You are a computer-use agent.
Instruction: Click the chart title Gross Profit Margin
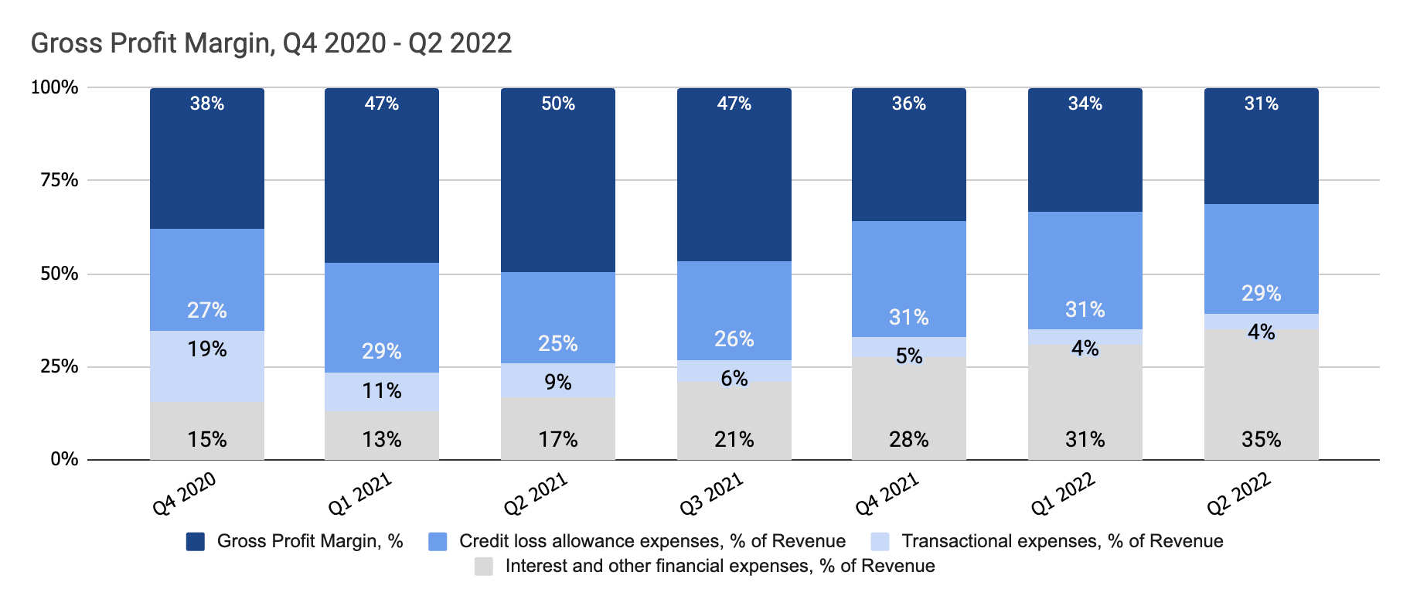pos(271,43)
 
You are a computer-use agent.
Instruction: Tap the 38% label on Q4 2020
pos(207,104)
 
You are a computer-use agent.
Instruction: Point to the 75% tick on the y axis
pos(59,180)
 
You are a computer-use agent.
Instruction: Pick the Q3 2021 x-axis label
pos(711,494)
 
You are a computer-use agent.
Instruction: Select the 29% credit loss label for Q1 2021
pos(382,352)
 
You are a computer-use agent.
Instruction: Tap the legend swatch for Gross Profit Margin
pos(196,542)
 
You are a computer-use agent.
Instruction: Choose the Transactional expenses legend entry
pos(1061,541)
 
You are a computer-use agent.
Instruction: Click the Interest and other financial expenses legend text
pos(719,566)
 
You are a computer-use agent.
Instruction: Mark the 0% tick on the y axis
pos(64,459)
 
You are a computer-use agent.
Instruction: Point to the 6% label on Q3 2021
pos(734,379)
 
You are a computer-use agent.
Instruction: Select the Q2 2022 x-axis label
pos(1239,494)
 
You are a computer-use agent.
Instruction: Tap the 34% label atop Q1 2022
pos(1085,104)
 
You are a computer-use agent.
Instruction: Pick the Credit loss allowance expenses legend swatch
pos(438,542)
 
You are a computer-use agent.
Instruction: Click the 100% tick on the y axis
pos(54,87)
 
